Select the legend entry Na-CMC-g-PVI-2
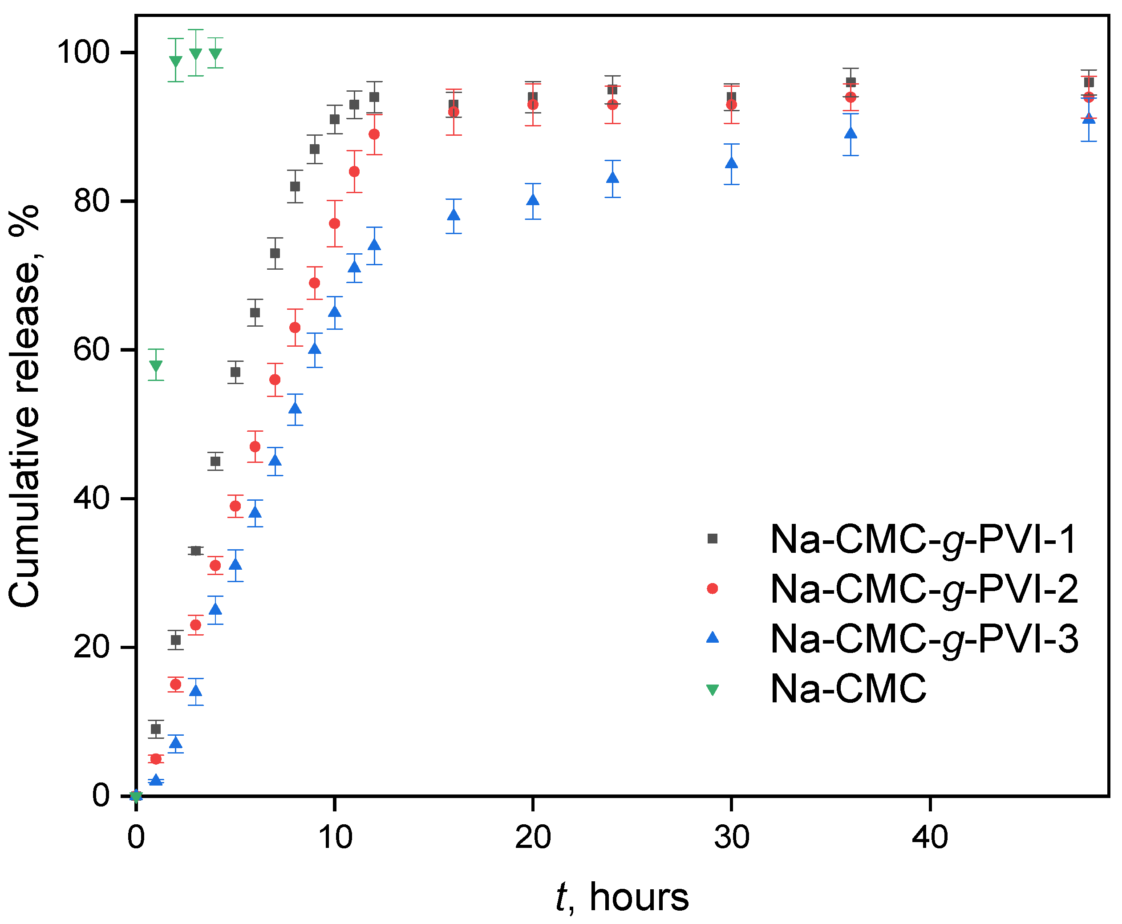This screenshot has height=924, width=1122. coord(924,589)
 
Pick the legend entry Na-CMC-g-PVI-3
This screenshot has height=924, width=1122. coord(924,639)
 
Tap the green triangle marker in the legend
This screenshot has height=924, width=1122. coord(712,690)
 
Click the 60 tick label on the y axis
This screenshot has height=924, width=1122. coord(91,350)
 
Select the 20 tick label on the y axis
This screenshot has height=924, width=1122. coord(91,647)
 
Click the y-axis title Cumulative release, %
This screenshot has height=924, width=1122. coord(24,405)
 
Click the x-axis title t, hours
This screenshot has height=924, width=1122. coord(622,897)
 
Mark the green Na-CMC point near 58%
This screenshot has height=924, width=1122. coord(156,366)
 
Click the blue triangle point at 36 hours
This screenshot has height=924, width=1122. coord(851,133)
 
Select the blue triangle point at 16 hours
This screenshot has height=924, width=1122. coord(454,215)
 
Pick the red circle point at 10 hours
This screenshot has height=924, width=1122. coord(334,223)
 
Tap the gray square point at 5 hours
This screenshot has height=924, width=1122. coord(235,372)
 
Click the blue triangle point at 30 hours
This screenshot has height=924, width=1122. coord(731,163)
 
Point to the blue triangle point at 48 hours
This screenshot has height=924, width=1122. coord(1089,118)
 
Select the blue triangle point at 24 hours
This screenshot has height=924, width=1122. coord(613,177)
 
